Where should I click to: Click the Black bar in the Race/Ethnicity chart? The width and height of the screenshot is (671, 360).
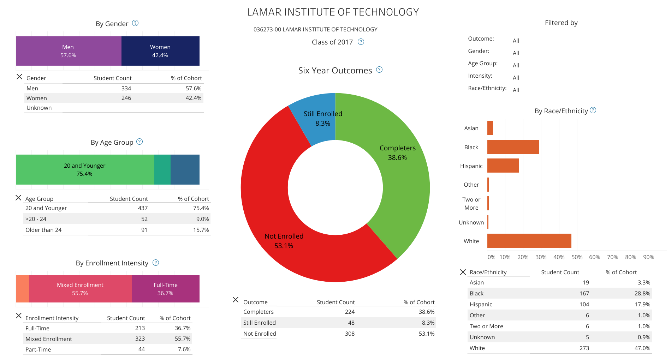(x=513, y=147)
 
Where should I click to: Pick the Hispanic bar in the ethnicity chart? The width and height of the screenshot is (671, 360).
(x=503, y=166)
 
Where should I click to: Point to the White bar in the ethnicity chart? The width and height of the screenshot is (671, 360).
(x=529, y=241)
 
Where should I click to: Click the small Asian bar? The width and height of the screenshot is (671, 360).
(x=490, y=128)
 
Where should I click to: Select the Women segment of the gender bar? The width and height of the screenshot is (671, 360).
(x=160, y=51)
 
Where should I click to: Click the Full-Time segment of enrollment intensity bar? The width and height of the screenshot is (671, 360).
(x=166, y=289)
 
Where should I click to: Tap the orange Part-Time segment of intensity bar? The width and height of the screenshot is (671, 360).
(x=23, y=289)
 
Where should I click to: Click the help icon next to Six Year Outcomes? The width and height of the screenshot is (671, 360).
(x=379, y=70)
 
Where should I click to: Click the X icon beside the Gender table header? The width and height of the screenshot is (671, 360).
(x=19, y=77)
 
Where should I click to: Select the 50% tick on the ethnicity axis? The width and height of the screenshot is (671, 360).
(x=577, y=257)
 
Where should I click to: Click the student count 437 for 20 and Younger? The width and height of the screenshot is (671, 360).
(x=143, y=208)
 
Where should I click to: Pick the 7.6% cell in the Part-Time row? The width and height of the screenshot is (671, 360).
(x=184, y=349)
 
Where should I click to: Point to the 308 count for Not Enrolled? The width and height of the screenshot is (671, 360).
(x=350, y=334)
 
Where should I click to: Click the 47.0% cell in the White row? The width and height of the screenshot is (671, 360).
(x=642, y=348)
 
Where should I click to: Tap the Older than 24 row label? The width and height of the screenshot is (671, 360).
(x=43, y=230)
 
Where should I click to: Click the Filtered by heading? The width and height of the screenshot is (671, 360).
(x=561, y=23)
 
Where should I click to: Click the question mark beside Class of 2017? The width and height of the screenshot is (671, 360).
(x=361, y=42)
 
